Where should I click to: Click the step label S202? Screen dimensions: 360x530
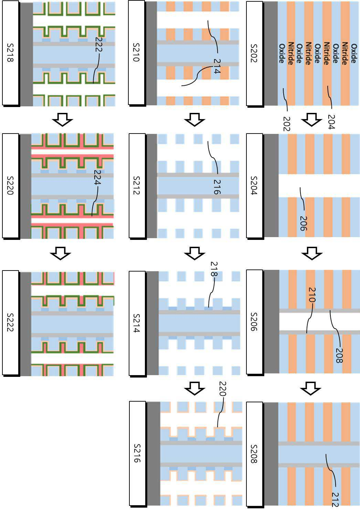254,53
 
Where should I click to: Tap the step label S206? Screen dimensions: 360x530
254,321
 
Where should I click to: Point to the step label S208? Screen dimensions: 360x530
254,454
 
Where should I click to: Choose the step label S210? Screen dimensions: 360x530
136,53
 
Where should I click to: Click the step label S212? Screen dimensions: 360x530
137,185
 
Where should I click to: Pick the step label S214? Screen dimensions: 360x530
137,323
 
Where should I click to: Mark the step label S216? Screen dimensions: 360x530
137,453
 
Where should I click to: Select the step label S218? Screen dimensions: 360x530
10,53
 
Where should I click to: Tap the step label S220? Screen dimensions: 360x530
10,185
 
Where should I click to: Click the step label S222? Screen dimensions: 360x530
10,322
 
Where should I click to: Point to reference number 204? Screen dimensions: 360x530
331,121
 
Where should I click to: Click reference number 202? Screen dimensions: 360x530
287,124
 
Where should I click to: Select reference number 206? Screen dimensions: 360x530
303,223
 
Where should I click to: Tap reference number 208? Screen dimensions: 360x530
339,356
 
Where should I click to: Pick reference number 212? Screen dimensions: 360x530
335,499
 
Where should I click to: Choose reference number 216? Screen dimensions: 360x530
217,187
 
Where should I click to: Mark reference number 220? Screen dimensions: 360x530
222,389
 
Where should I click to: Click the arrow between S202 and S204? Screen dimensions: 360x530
311,120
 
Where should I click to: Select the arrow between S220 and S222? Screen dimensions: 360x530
60,253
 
